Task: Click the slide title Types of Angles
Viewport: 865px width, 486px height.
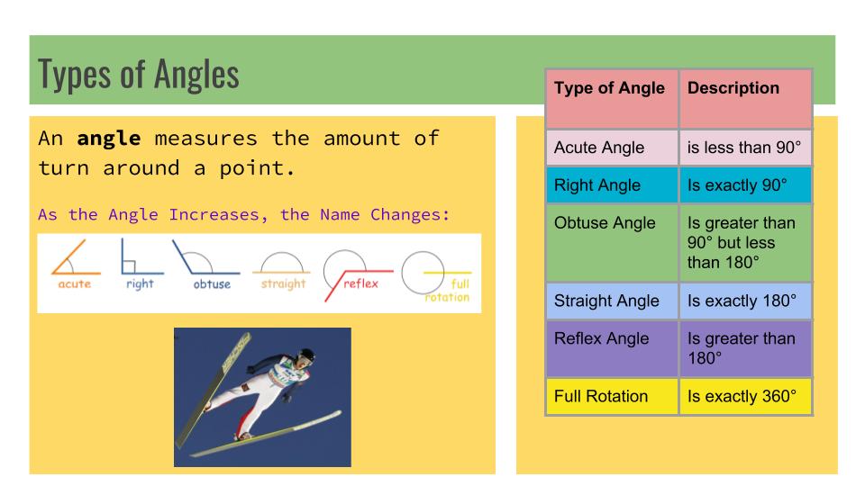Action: point(139,75)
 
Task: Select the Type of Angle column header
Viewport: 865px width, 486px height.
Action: point(609,88)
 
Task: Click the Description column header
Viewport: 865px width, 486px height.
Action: point(733,88)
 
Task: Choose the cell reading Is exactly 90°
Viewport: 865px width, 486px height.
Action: point(737,185)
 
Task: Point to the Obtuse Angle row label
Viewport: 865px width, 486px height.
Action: point(605,223)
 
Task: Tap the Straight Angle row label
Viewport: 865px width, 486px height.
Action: point(606,301)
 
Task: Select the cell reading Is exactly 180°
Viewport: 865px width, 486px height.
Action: point(742,301)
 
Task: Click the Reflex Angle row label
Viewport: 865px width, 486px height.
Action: point(601,339)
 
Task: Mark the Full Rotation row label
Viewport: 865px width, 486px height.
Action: point(601,396)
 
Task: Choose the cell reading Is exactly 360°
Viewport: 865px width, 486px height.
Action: point(742,396)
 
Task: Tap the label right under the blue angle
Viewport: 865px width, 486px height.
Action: point(140,283)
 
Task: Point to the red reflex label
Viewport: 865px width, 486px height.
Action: point(361,283)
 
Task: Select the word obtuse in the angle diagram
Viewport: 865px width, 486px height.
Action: point(212,284)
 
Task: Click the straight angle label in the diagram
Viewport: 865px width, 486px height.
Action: point(284,283)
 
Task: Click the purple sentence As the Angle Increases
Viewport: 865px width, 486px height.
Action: point(243,216)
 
